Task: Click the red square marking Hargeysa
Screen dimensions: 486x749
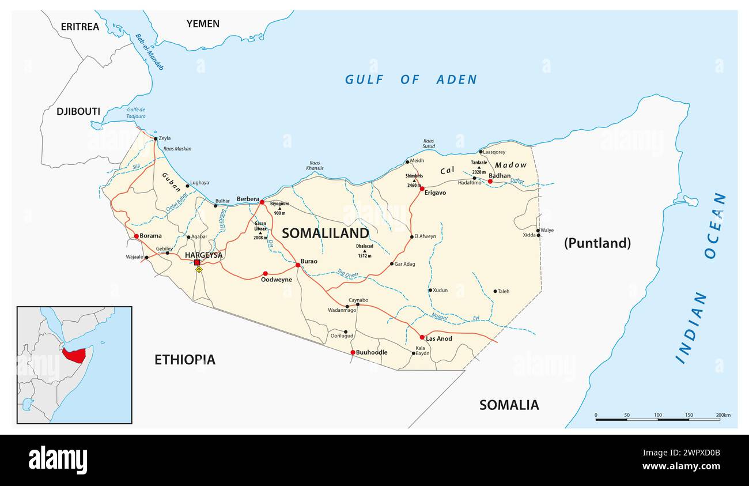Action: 197,262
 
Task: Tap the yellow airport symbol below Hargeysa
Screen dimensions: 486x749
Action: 199,269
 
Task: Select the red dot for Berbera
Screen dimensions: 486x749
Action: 262,202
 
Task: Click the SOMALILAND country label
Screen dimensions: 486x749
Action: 325,233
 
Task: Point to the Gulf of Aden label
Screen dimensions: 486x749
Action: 411,80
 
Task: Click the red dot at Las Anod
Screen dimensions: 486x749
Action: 422,337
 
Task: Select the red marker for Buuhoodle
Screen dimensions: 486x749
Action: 353,352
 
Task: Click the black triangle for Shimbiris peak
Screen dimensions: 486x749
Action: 414,181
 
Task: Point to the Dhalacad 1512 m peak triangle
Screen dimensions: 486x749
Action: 364,251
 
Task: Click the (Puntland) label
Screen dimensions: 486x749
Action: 597,243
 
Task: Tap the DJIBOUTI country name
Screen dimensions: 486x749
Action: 78,111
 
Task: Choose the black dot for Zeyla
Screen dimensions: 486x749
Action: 155,138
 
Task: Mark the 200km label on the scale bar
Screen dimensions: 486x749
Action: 723,415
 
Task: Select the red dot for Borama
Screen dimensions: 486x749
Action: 136,236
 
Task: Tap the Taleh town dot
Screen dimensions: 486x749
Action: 495,291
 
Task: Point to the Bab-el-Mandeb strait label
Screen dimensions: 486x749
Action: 149,52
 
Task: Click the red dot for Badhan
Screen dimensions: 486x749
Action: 490,182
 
